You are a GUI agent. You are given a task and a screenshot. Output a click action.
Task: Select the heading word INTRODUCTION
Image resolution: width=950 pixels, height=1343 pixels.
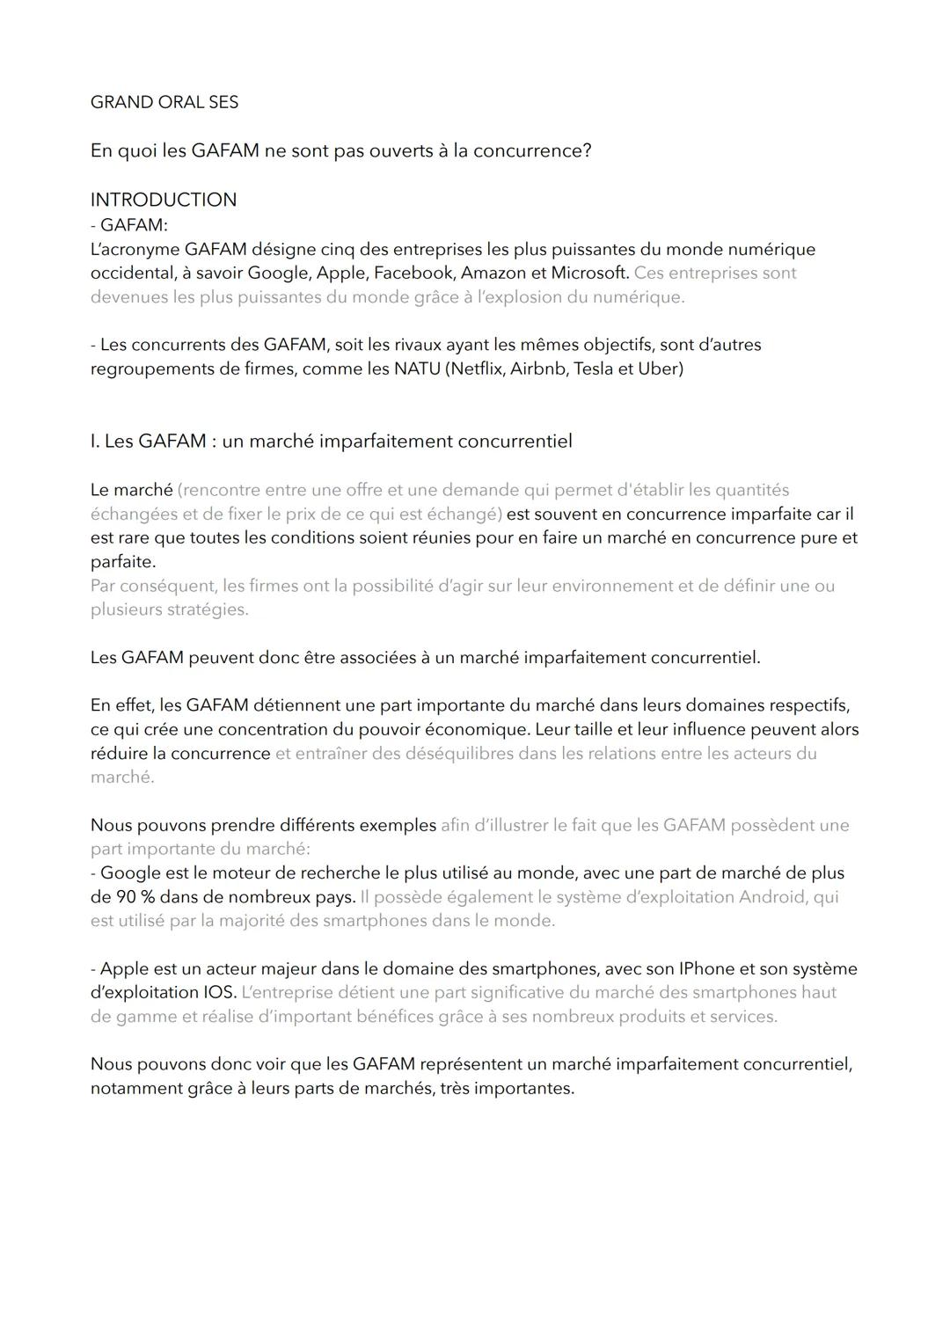pos(164,200)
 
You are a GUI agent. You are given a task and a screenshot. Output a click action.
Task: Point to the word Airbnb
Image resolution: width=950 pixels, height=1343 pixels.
pos(538,369)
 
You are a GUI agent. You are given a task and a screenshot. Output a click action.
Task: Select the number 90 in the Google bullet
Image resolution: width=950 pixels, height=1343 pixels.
pos(126,897)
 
